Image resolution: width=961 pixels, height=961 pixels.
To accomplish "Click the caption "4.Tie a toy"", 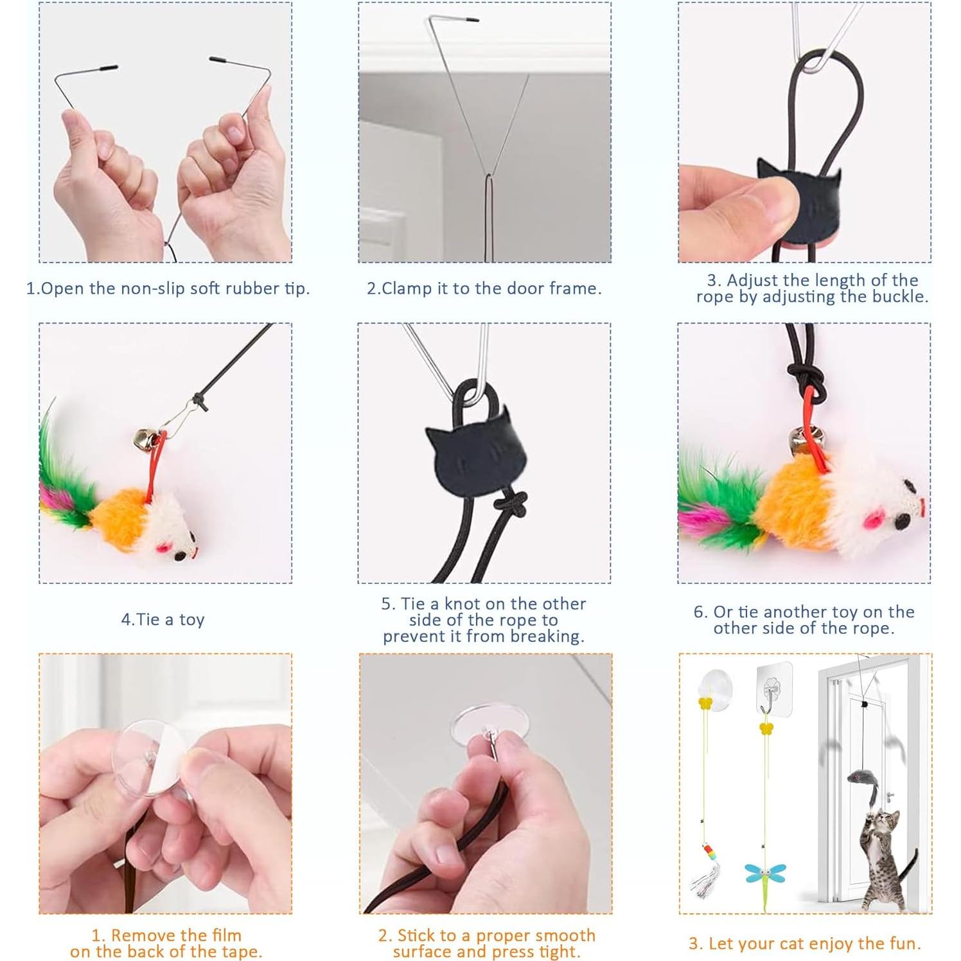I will point(163,619).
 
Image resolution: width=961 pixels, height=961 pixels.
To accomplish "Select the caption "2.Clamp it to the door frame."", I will point(484,288).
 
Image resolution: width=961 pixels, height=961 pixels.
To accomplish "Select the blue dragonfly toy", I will point(765,875).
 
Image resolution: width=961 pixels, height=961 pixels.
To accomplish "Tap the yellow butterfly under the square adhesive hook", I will point(766,728).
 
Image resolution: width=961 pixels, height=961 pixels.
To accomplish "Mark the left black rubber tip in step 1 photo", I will point(103,67).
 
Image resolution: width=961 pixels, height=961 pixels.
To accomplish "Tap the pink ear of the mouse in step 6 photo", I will point(855,517).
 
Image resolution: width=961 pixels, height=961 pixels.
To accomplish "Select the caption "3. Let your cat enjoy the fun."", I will point(804,943).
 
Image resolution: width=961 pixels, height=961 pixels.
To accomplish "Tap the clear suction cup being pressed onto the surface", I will point(486,725).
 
